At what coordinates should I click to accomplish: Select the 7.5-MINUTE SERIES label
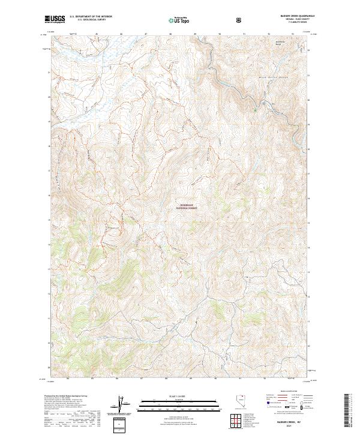292,23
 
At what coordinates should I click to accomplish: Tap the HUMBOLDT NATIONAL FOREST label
188,205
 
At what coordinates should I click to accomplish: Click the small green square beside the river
255,109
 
